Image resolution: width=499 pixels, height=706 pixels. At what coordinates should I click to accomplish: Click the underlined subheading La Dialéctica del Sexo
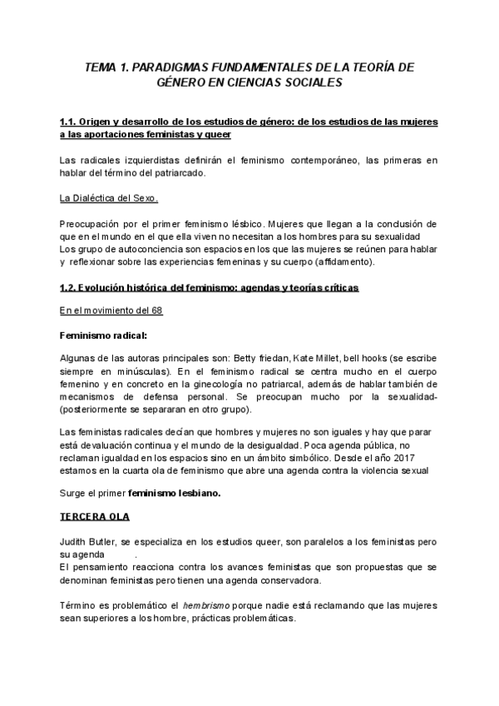point(109,199)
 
